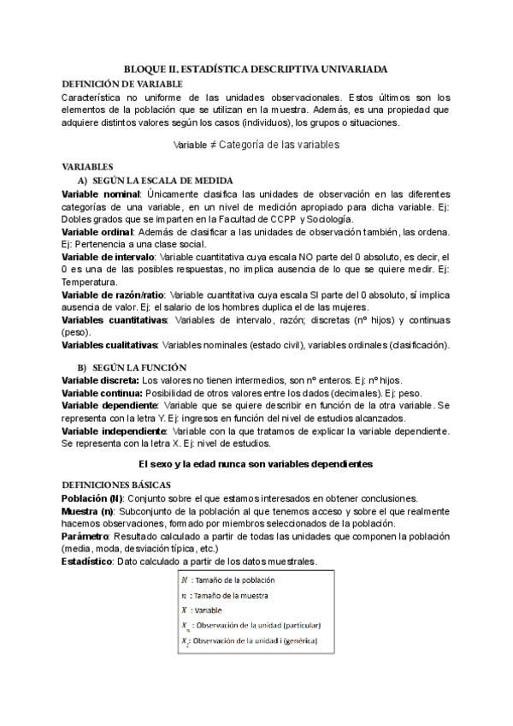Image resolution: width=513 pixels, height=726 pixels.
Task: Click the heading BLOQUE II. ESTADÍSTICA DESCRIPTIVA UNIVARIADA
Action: click(x=256, y=67)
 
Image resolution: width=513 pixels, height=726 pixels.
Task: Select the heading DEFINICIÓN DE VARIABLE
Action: click(x=122, y=83)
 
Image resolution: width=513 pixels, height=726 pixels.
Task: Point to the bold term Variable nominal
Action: click(x=101, y=196)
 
